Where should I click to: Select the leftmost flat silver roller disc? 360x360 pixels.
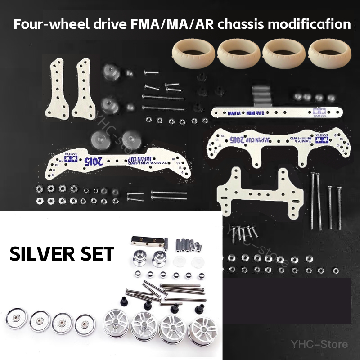click(x=16, y=319)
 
